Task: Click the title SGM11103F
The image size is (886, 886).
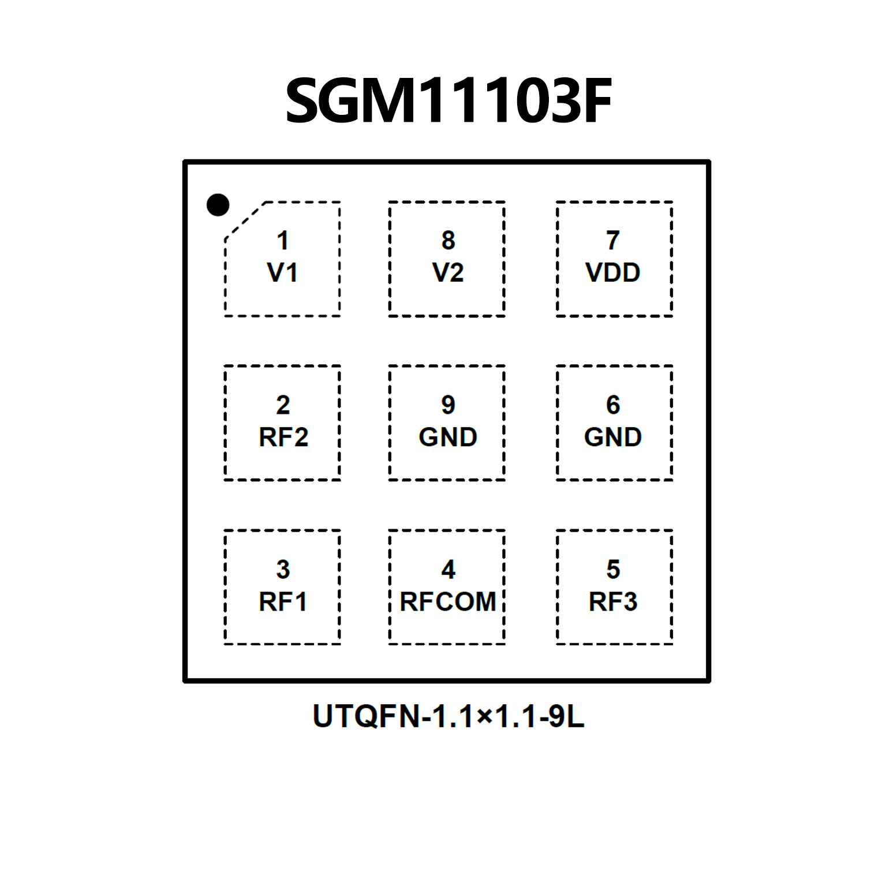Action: [448, 101]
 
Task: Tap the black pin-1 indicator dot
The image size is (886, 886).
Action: [218, 205]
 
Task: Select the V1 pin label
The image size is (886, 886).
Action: [282, 272]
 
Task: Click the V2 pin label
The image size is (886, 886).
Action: [448, 272]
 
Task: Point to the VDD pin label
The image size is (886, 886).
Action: [613, 272]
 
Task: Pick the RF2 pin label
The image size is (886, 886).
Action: [283, 437]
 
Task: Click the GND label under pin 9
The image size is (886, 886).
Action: [448, 437]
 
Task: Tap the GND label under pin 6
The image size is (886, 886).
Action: [613, 437]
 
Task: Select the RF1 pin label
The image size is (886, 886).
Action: [283, 602]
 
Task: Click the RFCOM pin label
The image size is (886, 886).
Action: [448, 602]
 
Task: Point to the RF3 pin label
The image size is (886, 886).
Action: [613, 602]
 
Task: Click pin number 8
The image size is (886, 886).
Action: [448, 240]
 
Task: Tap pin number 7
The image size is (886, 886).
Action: [613, 240]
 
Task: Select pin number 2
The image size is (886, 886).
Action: [283, 405]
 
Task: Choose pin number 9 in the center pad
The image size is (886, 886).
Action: [448, 405]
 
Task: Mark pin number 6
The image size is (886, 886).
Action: [613, 405]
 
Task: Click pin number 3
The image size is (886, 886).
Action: [283, 569]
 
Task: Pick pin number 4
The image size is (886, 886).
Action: [448, 569]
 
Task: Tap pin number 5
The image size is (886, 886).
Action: [613, 569]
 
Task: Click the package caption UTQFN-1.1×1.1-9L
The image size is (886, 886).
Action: [448, 716]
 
